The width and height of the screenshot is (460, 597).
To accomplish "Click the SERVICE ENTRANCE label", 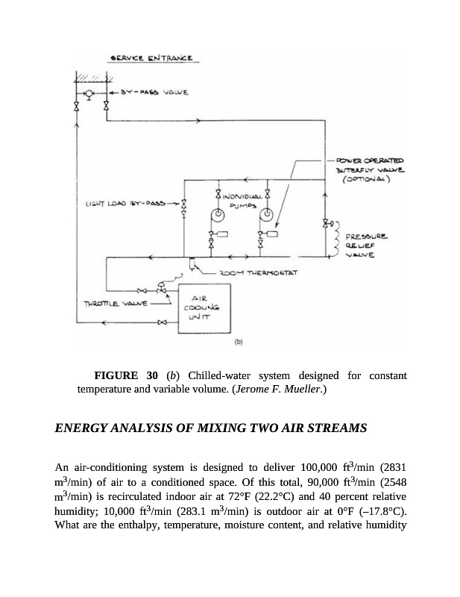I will pyautogui.click(x=151, y=58).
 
